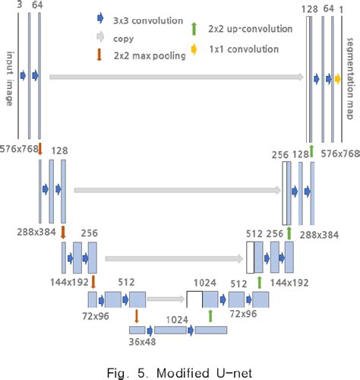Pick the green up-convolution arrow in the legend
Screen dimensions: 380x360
pos(194,29)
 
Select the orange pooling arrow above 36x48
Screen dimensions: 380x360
pos(136,314)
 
